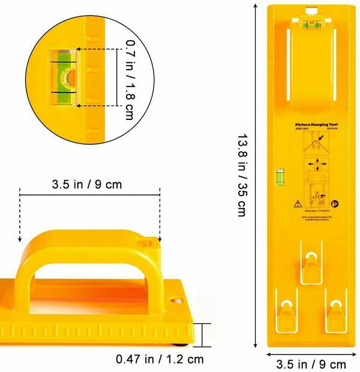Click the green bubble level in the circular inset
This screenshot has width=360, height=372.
pyautogui.click(x=63, y=76)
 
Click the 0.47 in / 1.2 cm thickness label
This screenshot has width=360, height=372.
pyautogui.click(x=159, y=359)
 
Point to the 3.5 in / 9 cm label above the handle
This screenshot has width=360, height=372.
pyautogui.click(x=89, y=184)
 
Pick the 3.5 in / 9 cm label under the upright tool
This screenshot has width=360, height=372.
pyautogui.click(x=311, y=364)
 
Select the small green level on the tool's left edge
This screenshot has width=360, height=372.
pyautogui.click(x=278, y=176)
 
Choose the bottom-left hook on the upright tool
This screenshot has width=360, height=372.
pyautogui.click(x=287, y=312)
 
